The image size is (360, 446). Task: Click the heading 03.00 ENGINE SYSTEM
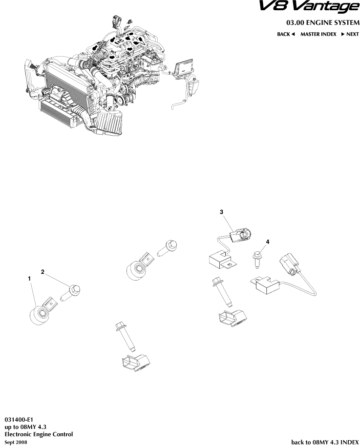(x=322, y=23)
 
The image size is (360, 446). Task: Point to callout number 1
(x=30, y=278)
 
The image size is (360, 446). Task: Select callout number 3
(x=221, y=212)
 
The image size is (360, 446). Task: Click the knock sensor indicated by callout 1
(x=39, y=313)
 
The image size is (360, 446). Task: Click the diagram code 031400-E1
(x=19, y=419)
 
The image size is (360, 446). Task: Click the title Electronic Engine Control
(x=39, y=434)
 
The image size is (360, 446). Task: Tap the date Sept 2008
(x=16, y=442)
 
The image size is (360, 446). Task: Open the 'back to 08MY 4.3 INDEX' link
(x=324, y=442)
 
